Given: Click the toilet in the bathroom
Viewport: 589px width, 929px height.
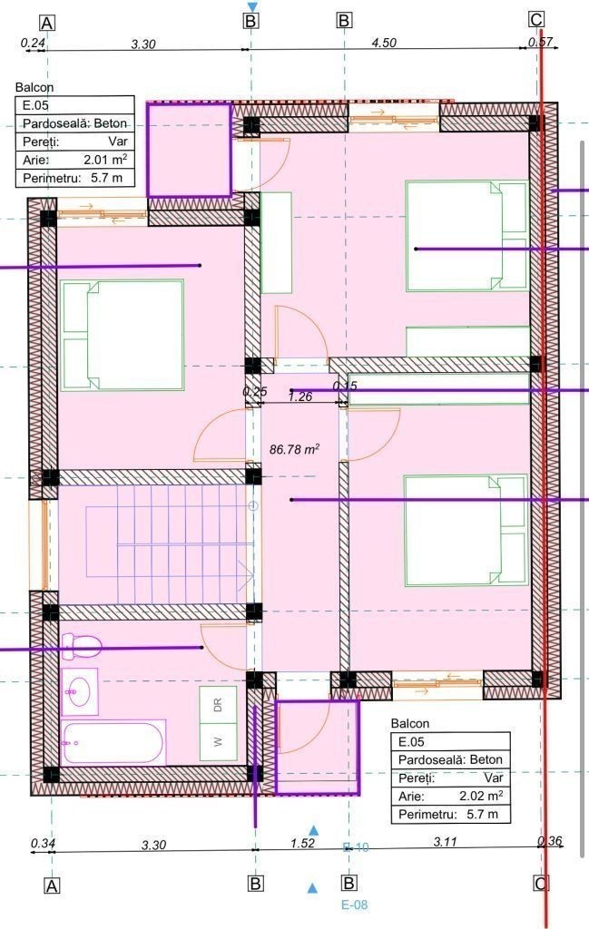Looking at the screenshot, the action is pyautogui.click(x=82, y=646).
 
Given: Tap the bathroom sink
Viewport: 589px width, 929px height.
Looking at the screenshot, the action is pyautogui.click(x=79, y=690).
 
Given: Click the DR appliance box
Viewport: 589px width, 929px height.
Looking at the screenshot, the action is pyautogui.click(x=218, y=706).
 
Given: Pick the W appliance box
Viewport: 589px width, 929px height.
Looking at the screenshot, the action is pyautogui.click(x=218, y=742).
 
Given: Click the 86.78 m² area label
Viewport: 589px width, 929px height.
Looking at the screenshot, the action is pyautogui.click(x=294, y=450).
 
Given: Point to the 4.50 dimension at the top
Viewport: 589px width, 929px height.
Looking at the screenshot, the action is pyautogui.click(x=384, y=43).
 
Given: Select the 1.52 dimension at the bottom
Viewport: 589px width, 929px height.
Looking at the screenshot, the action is pyautogui.click(x=303, y=843).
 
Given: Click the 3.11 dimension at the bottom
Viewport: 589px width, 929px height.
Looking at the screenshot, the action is pyautogui.click(x=445, y=842).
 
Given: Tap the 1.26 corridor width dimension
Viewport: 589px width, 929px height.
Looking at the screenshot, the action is pyautogui.click(x=300, y=397).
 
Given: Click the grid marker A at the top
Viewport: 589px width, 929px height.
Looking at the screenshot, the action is pyautogui.click(x=47, y=23).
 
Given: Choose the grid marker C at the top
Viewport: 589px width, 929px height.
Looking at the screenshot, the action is pyautogui.click(x=535, y=20).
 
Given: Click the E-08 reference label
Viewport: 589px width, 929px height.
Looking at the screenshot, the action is pyautogui.click(x=354, y=905).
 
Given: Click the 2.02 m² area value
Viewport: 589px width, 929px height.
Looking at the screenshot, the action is pyautogui.click(x=481, y=796).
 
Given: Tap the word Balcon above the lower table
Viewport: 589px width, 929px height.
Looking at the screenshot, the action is pyautogui.click(x=410, y=723).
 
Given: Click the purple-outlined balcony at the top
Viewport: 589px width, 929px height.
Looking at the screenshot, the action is pyautogui.click(x=189, y=150).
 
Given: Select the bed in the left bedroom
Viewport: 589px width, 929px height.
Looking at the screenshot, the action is pyautogui.click(x=123, y=335).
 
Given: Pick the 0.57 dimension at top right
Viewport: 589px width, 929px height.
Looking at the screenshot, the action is pyautogui.click(x=540, y=42).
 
